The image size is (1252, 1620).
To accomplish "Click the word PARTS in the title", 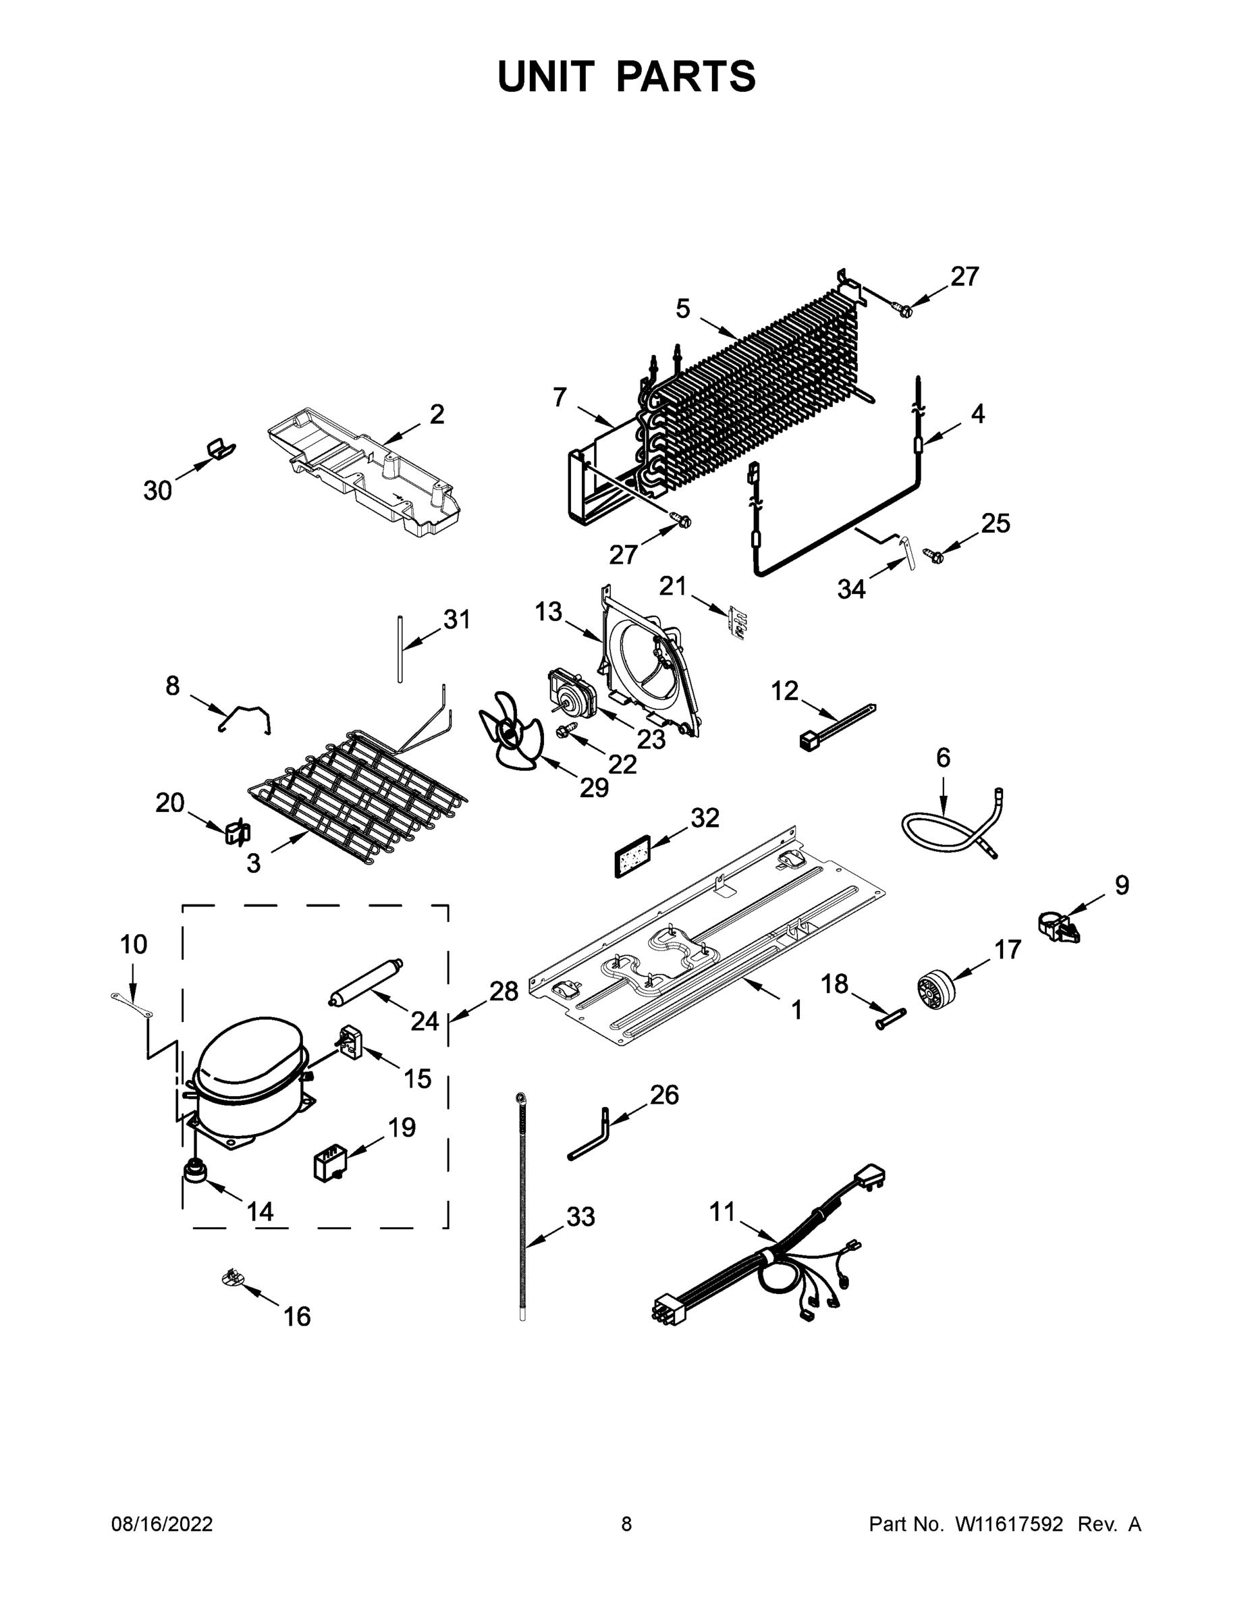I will coord(685,76).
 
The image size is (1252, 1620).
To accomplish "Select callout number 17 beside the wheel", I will coord(1007,950).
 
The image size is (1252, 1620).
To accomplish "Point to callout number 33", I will coord(580,1216).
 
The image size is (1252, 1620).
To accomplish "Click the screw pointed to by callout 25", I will coord(931,553).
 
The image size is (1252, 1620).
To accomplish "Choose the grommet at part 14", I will coord(196,1172).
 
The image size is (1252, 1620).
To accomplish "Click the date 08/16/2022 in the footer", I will coord(162,1523).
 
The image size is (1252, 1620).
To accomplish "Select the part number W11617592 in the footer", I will coord(1009,1523).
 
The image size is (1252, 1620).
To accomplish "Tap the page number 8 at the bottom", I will coord(626,1523).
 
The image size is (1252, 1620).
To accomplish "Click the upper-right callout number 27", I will coord(964,277).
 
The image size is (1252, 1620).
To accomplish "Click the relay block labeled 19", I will coord(328,1164).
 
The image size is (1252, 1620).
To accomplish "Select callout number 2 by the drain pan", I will coord(437,414).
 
